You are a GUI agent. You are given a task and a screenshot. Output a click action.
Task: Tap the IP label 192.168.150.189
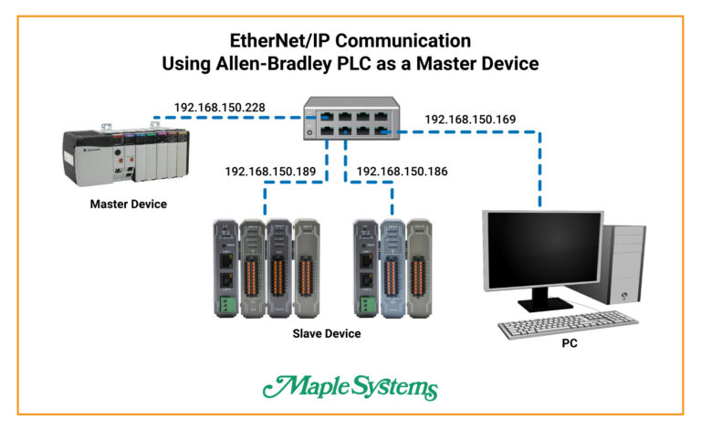pyautogui.click(x=271, y=171)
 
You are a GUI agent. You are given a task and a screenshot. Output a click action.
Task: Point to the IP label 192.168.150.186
pyautogui.click(x=403, y=171)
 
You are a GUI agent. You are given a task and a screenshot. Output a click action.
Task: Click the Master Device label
pyautogui.click(x=128, y=204)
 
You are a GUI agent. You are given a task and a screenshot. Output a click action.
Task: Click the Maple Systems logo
pyautogui.click(x=350, y=388)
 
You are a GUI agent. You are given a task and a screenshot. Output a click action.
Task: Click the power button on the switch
pyautogui.click(x=312, y=132)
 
